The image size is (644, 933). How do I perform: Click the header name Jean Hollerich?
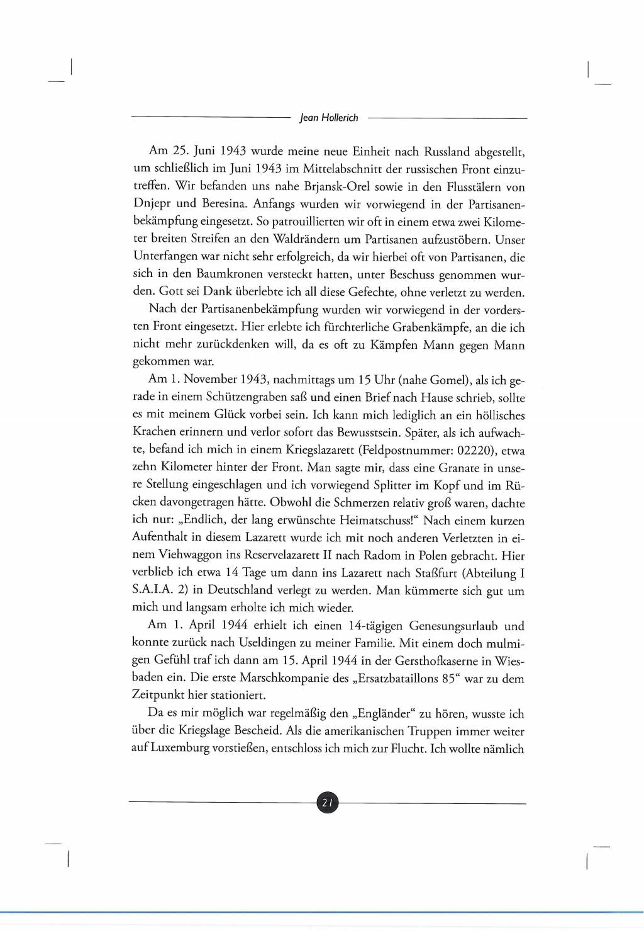(x=329, y=118)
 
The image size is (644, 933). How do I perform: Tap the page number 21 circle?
(x=327, y=803)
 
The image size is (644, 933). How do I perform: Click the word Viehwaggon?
(x=191, y=555)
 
